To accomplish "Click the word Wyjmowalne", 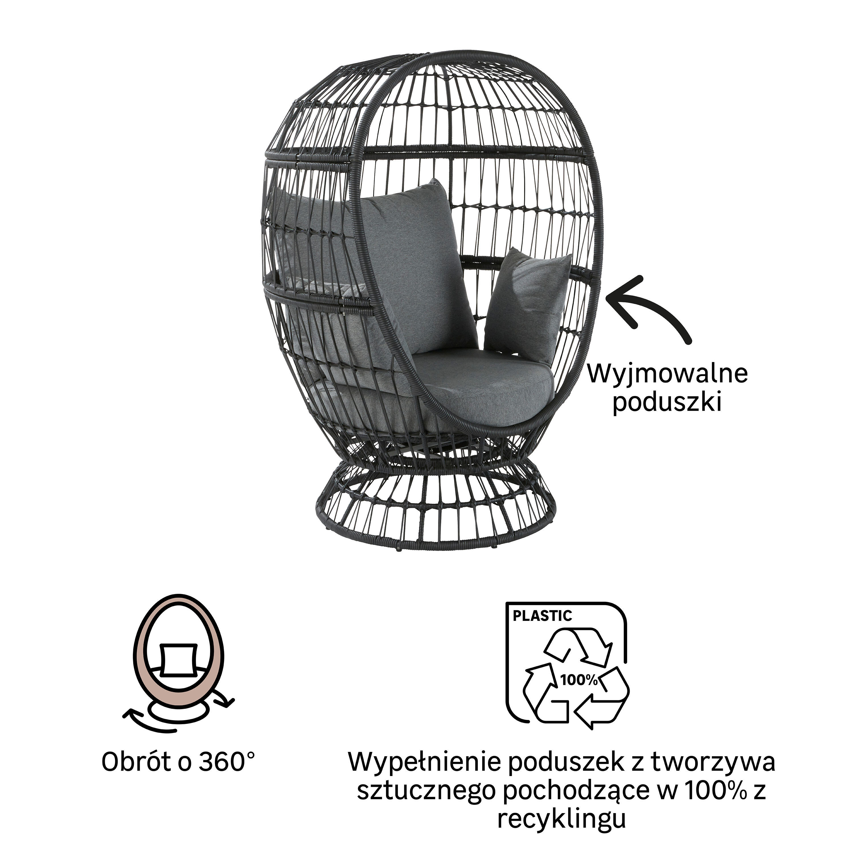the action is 668,373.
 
